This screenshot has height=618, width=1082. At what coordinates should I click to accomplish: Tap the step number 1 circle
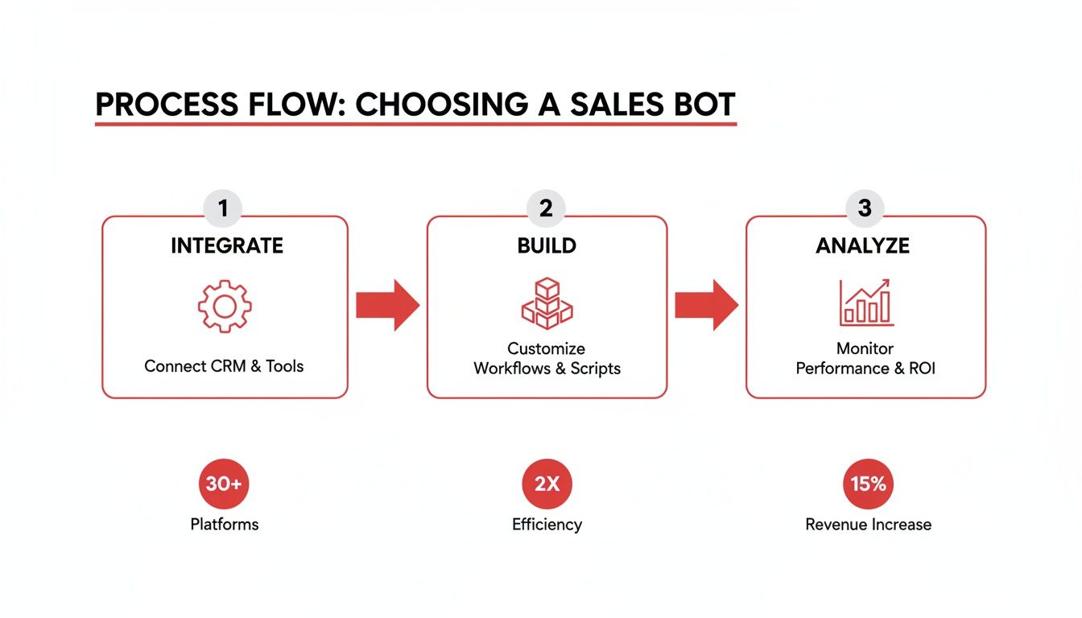[224, 208]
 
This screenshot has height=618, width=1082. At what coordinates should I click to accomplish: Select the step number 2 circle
[546, 208]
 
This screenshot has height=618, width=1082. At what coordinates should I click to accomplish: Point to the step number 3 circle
[865, 208]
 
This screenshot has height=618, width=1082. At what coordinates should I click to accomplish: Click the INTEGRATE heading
[226, 246]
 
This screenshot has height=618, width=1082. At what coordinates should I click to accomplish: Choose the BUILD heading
[547, 246]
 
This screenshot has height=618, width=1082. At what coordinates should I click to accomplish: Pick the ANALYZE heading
[863, 246]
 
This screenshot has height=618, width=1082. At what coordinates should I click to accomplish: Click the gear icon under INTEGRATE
[225, 306]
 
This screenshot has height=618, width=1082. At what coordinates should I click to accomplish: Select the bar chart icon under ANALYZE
[865, 303]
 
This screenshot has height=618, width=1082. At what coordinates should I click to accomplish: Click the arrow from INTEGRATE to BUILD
[387, 306]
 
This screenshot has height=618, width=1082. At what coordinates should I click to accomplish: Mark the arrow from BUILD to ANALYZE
[706, 306]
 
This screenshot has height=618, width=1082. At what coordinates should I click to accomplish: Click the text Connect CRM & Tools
[224, 366]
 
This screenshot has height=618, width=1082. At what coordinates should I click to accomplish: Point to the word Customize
[546, 349]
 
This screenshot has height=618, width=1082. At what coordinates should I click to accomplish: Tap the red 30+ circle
[224, 484]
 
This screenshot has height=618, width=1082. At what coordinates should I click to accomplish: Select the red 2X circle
[547, 484]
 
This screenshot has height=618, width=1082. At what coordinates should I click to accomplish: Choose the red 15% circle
[868, 484]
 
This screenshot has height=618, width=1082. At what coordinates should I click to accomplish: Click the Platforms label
[224, 525]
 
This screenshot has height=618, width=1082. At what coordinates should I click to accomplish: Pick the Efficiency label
[547, 525]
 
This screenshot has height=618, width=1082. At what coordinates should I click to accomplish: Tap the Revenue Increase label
[868, 525]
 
